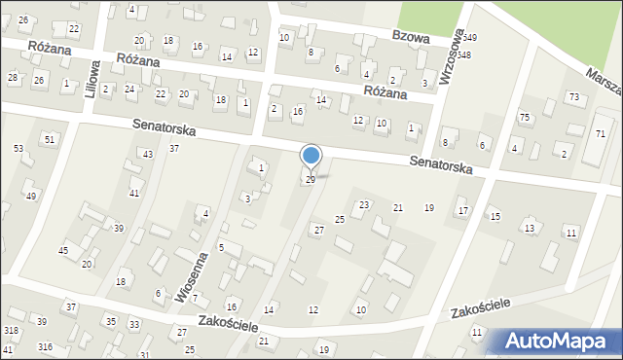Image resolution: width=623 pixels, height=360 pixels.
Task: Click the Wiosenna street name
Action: (192, 276)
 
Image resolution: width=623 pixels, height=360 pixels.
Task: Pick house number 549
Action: (468, 37)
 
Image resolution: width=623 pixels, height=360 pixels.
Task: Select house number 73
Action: (574, 96)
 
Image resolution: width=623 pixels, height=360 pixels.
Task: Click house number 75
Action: (525, 118)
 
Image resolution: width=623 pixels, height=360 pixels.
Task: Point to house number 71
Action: (600, 132)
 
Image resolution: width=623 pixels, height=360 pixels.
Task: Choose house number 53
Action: (18, 148)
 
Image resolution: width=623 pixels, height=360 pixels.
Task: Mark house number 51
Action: (50, 140)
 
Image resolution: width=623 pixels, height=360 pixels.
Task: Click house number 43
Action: (147, 155)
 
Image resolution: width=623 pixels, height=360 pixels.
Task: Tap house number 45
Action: (63, 251)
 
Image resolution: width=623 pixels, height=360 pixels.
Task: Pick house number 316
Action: (45, 347)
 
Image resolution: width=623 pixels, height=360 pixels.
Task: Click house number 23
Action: (364, 204)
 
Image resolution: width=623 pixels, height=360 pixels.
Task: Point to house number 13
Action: (530, 228)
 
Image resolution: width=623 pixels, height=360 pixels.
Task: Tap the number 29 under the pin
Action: (311, 180)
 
